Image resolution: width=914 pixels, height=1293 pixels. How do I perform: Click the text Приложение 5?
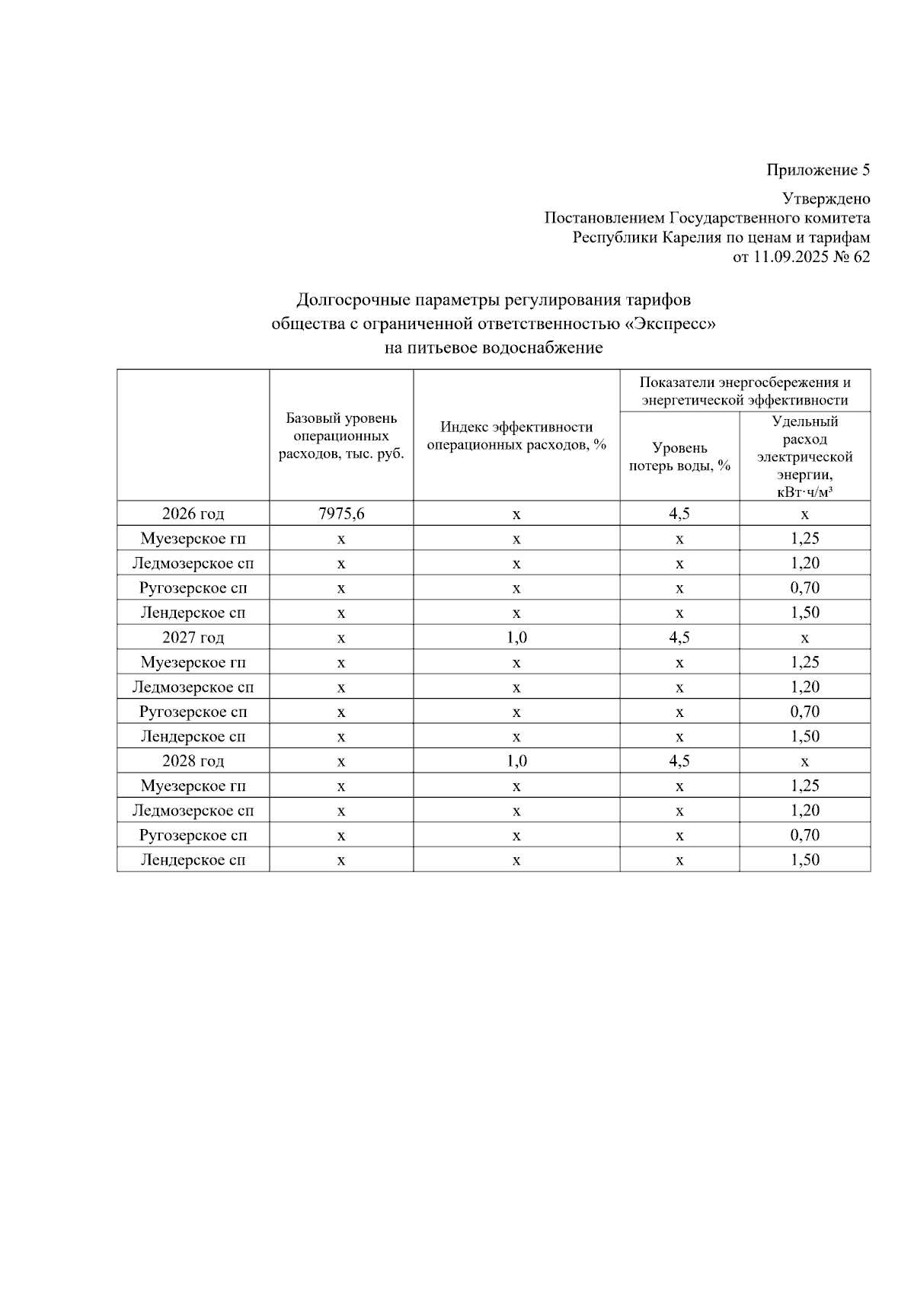click(817, 170)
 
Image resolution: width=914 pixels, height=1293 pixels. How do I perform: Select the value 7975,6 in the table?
click(341, 514)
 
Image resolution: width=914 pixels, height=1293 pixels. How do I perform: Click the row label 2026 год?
click(193, 514)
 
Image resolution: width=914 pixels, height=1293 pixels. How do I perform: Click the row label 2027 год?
click(193, 638)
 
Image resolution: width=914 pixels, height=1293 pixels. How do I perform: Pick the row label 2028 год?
click(193, 761)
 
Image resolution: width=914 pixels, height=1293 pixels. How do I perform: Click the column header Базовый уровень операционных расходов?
click(341, 436)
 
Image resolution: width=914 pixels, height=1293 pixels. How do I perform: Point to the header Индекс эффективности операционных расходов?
click(516, 436)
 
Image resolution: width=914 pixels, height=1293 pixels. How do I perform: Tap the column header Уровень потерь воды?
click(679, 456)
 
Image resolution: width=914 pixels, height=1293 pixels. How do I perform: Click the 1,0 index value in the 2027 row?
click(516, 638)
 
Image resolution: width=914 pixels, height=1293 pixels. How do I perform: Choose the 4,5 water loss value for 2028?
click(679, 761)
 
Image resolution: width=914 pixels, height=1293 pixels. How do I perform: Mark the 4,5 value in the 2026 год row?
click(679, 514)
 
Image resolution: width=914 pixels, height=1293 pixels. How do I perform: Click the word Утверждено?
click(826, 199)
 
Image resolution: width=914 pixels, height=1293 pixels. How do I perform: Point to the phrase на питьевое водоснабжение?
click(494, 348)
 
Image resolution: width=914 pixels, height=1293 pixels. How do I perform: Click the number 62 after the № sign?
click(861, 257)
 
